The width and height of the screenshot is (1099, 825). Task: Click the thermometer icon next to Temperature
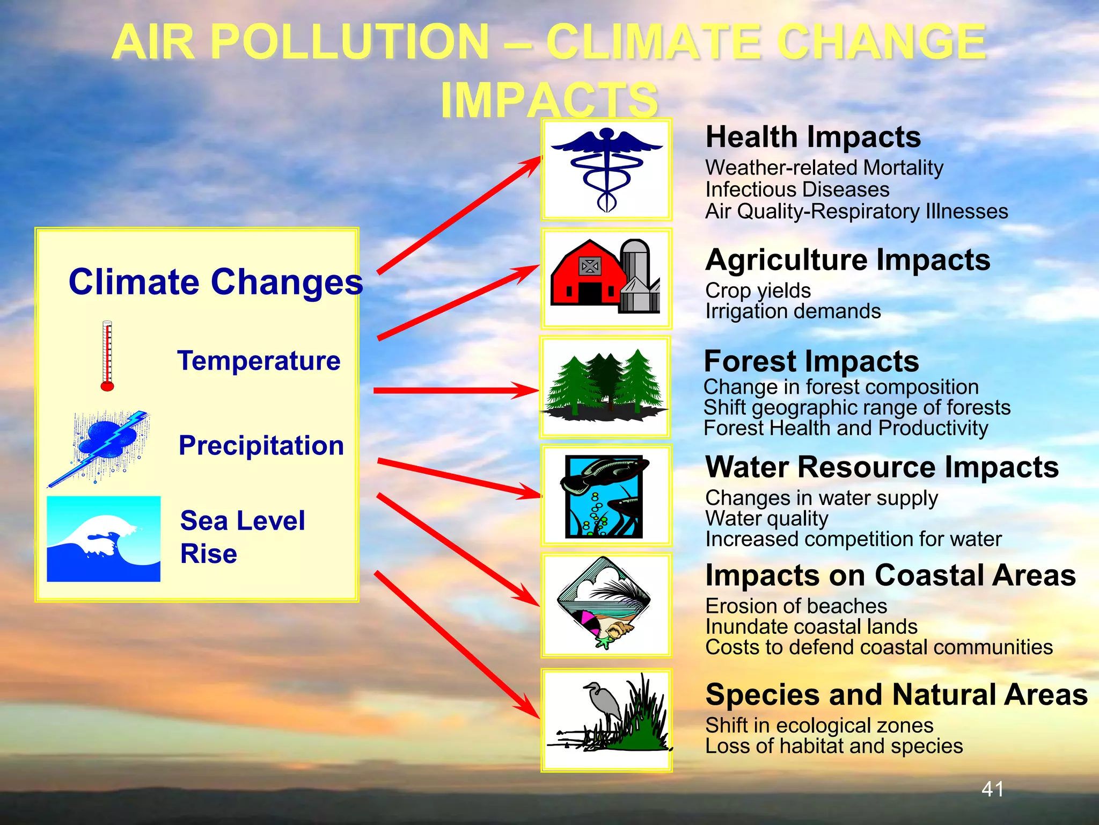click(x=107, y=356)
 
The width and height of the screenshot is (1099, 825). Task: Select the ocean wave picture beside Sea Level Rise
click(x=104, y=539)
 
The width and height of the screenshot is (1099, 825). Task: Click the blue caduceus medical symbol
click(x=606, y=169)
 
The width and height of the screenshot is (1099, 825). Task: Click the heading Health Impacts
click(x=812, y=137)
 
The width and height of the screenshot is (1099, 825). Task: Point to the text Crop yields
click(x=757, y=291)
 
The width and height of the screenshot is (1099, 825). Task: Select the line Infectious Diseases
click(x=797, y=190)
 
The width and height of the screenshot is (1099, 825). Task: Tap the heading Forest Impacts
click(x=811, y=361)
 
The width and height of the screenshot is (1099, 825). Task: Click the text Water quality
click(x=766, y=519)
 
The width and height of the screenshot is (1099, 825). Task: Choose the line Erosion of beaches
click(x=796, y=606)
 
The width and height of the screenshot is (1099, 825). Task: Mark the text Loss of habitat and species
click(x=833, y=746)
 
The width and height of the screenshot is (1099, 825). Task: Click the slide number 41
click(x=992, y=789)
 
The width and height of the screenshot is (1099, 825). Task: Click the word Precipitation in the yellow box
click(x=261, y=446)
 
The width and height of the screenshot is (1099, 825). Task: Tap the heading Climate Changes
click(x=215, y=283)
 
